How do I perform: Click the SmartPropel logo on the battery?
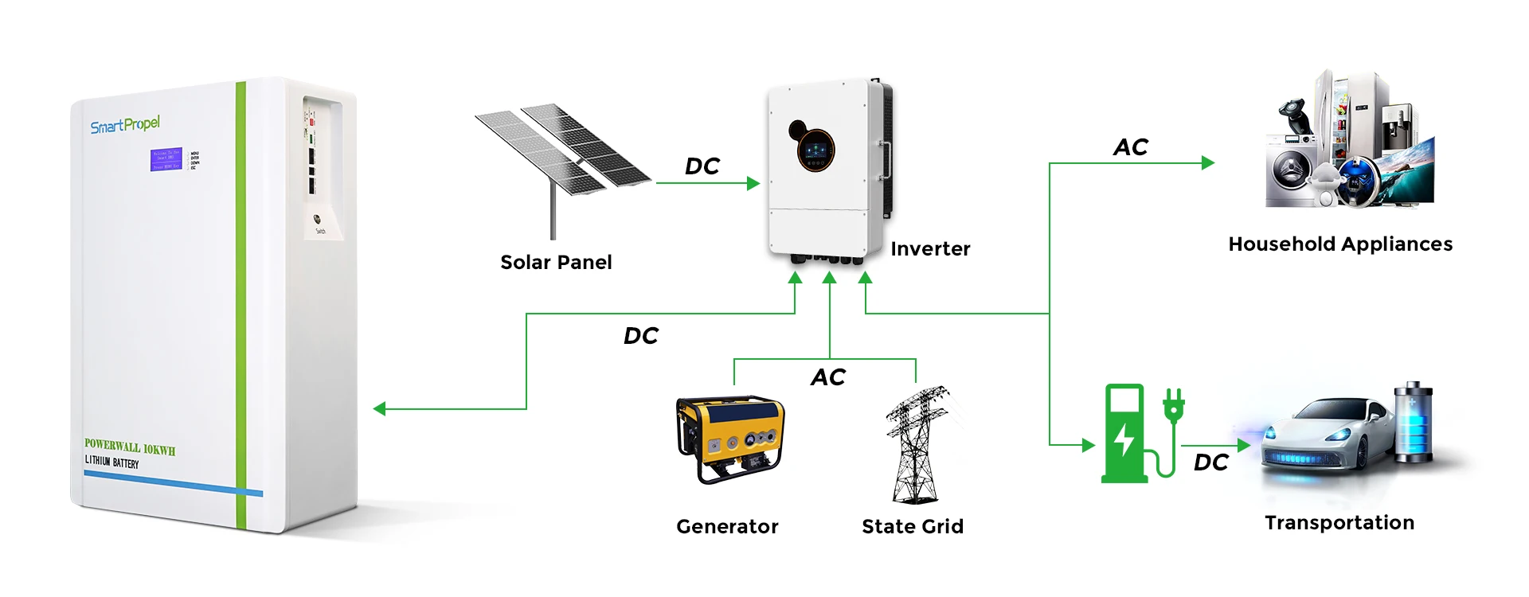coord(125,125)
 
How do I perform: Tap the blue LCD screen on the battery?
coord(166,159)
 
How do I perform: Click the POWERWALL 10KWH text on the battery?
coord(130,447)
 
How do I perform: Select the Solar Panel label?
coord(556,263)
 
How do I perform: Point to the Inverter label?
coord(930,249)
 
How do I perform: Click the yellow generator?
coord(729,439)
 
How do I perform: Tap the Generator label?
coord(727,526)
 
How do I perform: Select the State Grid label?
coord(913,526)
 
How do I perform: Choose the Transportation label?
coord(1339,523)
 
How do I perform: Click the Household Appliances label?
coord(1340,244)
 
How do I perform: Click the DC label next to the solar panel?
coord(702,166)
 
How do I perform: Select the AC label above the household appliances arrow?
coord(1130,147)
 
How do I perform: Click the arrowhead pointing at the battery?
coord(380,409)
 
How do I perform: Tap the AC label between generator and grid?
coord(828,377)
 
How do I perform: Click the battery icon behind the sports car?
coord(1414,422)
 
